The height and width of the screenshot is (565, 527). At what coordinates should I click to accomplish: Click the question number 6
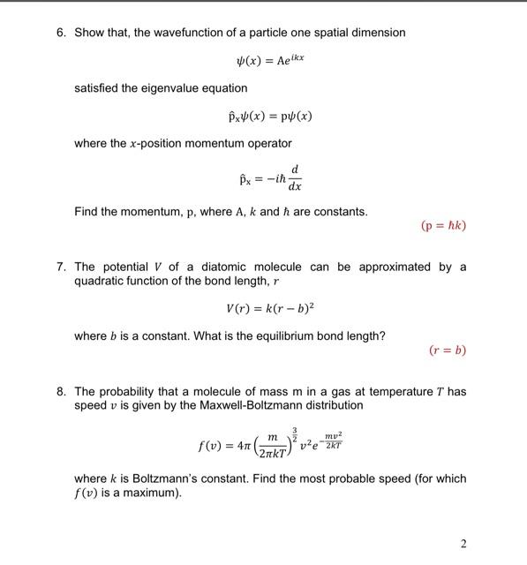(x=60, y=33)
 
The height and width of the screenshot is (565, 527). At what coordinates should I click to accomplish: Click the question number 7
(x=60, y=267)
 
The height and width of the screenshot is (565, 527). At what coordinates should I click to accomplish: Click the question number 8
(x=60, y=391)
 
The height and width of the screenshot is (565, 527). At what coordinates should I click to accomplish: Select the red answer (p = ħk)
(x=443, y=225)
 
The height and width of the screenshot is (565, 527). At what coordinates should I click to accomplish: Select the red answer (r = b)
(x=447, y=350)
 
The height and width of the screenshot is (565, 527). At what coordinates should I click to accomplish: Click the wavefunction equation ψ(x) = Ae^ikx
(x=266, y=61)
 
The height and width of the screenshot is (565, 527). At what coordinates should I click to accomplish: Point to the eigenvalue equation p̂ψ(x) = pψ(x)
(x=269, y=117)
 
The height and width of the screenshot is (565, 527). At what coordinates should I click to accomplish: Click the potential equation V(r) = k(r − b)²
(x=266, y=308)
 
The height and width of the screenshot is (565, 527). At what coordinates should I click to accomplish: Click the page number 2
(x=463, y=543)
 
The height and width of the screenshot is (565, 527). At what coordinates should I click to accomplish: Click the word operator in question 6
(x=267, y=143)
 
